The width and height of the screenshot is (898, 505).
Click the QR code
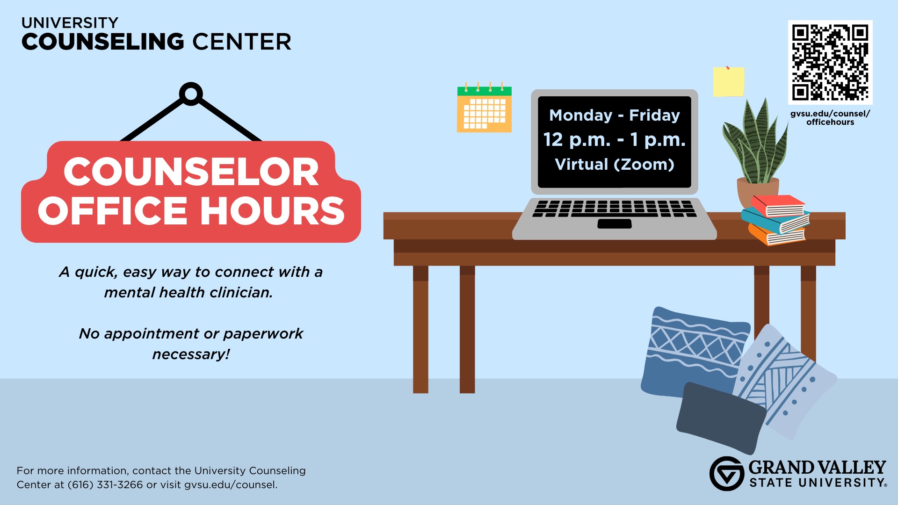(830, 62)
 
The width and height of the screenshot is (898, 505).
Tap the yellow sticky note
(729, 81)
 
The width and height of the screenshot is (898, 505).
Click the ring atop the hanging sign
(191, 94)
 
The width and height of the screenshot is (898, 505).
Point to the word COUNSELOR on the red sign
(191, 172)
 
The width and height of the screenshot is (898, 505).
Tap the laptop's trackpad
(615, 224)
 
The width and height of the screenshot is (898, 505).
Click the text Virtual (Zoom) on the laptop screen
(615, 165)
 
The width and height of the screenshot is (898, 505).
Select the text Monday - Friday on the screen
(615, 115)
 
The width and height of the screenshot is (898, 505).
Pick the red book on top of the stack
(778, 206)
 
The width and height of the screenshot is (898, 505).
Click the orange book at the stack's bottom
(776, 235)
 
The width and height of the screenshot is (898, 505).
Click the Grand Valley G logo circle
(727, 474)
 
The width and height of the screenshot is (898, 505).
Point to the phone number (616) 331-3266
(105, 485)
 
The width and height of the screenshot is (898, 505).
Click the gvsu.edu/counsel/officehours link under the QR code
(830, 118)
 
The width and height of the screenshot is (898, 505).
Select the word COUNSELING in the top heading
(103, 42)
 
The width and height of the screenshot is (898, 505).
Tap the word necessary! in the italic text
(191, 354)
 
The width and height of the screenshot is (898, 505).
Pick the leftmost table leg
(420, 330)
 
